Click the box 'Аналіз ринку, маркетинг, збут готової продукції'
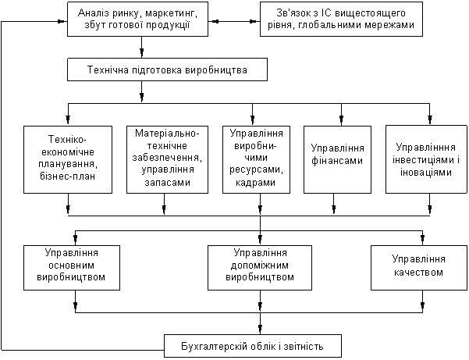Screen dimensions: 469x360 (137, 20)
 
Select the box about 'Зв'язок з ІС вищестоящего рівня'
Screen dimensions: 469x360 (341, 20)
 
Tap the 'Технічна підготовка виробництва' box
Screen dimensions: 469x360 (167, 70)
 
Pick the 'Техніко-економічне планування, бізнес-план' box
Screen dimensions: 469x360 (68, 159)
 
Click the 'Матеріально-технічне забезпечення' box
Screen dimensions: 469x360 (167, 159)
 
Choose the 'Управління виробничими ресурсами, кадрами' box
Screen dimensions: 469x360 (256, 159)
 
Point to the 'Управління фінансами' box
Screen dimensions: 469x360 (337, 159)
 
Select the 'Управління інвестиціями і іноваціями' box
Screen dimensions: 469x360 (426, 159)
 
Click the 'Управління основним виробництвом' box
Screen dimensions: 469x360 (72, 268)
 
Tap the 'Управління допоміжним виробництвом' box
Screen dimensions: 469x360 (260, 268)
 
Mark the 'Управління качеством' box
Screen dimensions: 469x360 (419, 268)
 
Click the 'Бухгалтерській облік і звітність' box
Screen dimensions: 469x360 (253, 346)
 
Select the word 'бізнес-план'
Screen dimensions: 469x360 (68, 176)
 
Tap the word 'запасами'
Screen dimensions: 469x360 (168, 182)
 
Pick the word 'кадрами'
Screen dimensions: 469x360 (255, 182)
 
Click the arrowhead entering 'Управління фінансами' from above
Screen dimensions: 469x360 (341, 120)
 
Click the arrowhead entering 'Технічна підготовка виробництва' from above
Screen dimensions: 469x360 (141, 52)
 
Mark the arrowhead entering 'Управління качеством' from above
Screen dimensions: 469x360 (423, 240)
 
